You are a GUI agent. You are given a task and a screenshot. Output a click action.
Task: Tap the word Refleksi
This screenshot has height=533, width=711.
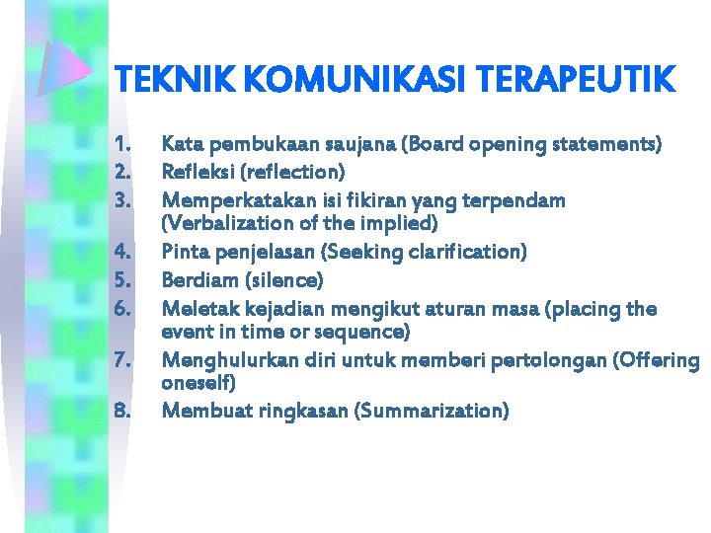pyautogui.click(x=197, y=172)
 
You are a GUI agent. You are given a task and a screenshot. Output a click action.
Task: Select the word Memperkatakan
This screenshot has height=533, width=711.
pyautogui.click(x=230, y=200)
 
